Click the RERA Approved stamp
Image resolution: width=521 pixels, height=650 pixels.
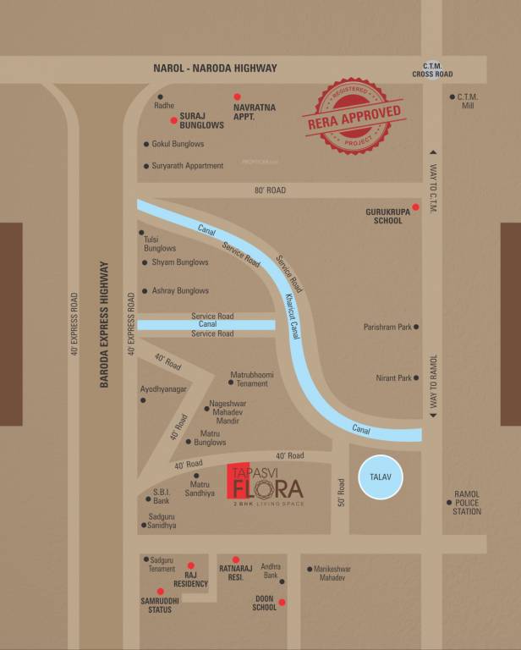point(352,116)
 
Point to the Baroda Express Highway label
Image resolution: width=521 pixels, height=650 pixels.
point(105,324)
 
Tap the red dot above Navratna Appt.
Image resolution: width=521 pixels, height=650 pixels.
point(237,96)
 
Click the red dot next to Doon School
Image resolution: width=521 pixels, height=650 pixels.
point(282,603)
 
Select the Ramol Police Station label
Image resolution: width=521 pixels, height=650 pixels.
point(466,503)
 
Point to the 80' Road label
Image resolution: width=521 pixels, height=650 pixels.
point(270,190)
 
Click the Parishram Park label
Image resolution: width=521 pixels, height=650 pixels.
point(387,327)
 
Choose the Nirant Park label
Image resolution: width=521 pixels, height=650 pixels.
point(393,378)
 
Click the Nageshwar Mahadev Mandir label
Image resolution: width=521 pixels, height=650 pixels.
point(227,412)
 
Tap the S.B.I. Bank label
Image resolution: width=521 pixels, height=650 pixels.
point(162,496)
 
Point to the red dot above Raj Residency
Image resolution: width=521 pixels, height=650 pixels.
point(190,565)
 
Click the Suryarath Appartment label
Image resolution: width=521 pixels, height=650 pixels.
point(187,166)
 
